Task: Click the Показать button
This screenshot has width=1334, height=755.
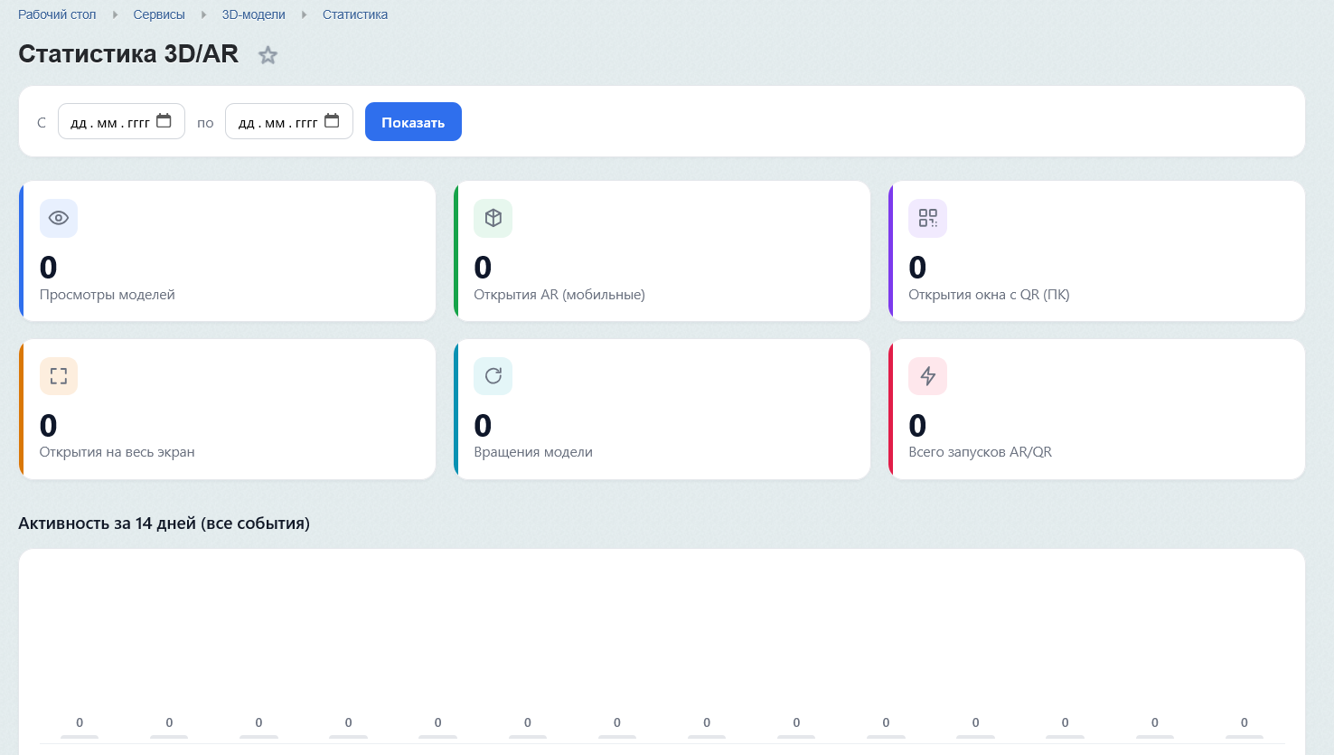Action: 413,121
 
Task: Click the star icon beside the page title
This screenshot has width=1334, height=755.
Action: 268,55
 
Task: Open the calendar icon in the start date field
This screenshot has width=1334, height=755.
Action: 164,121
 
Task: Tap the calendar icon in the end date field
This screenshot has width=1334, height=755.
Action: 332,121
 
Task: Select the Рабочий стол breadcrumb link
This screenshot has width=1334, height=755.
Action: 57,14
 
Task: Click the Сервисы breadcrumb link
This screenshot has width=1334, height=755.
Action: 159,14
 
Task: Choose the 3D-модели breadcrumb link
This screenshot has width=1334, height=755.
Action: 254,14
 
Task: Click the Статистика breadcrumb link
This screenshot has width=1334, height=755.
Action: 355,14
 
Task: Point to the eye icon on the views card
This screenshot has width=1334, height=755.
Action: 59,218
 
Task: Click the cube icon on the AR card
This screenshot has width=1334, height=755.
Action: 493,218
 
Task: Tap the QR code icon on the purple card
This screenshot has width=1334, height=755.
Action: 928,218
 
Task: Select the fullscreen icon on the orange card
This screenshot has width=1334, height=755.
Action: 59,376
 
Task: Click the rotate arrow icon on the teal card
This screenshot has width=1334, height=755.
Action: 493,376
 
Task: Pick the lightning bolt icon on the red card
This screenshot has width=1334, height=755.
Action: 928,376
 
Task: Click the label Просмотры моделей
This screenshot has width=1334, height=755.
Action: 108,295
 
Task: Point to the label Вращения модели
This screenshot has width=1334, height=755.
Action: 533,452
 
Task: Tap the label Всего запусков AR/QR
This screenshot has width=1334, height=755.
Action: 981,452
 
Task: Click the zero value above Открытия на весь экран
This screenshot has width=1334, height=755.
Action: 48,426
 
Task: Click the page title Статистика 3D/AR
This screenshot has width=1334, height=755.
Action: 128,53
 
